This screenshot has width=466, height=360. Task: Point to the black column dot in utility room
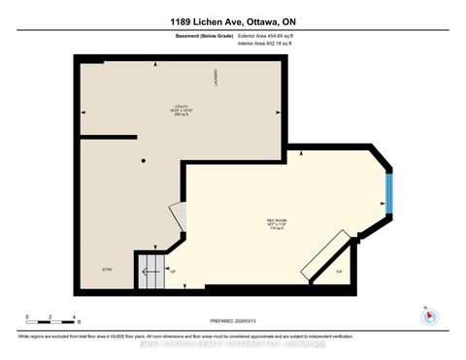143,160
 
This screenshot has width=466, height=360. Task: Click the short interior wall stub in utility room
107,137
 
